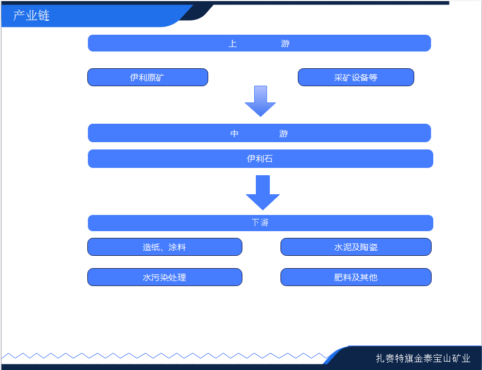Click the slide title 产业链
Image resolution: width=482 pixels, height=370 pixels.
(31, 16)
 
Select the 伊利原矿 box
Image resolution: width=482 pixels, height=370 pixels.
(147, 77)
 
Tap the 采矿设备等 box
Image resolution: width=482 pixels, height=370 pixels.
(355, 77)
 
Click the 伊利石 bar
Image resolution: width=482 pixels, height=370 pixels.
(260, 159)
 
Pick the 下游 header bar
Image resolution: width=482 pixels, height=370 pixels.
(260, 223)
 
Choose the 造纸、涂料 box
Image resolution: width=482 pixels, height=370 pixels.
(164, 247)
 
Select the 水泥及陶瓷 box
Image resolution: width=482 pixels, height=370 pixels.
(355, 247)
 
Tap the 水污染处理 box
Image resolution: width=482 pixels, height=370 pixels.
(164, 277)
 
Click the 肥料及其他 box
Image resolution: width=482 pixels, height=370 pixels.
(355, 277)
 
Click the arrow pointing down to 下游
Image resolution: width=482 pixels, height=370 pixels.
(263, 193)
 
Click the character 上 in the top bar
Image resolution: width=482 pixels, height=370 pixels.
(233, 44)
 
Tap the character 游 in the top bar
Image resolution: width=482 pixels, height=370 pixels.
(286, 44)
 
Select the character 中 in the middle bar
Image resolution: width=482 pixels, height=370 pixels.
(235, 134)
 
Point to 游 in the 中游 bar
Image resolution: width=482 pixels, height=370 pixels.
(284, 134)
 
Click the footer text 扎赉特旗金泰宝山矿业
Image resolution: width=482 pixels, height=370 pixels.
(423, 359)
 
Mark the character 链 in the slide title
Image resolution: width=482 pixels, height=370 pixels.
(44, 16)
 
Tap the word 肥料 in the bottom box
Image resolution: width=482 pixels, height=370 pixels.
(343, 277)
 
